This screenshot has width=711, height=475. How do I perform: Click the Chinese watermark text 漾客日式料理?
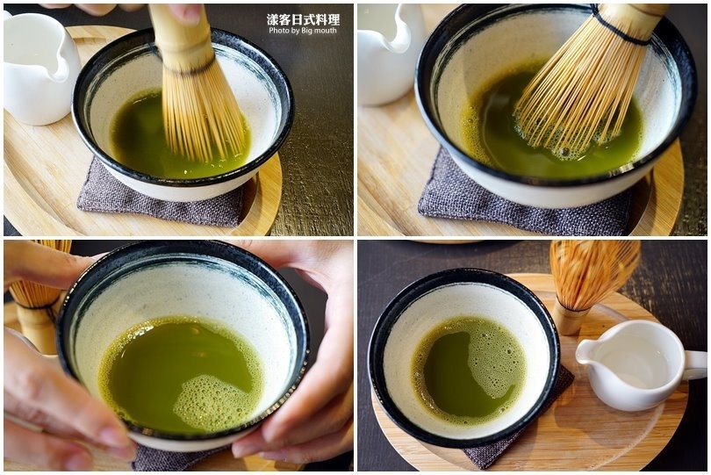pyautogui.click(x=303, y=19)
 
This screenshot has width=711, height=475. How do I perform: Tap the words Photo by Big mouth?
pyautogui.click(x=303, y=31)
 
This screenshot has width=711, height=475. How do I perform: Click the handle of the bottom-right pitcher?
pyautogui.click(x=694, y=364)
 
